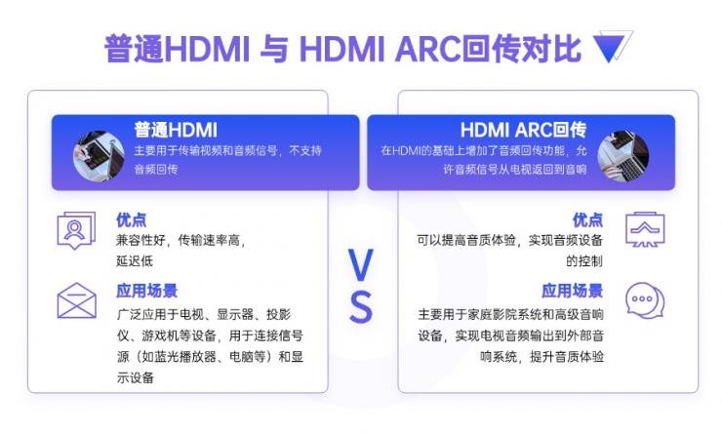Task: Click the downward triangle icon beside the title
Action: click(613, 47)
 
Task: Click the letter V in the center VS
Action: click(361, 264)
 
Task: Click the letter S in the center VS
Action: click(361, 307)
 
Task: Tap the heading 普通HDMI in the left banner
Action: click(175, 130)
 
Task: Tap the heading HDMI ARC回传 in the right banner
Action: click(523, 130)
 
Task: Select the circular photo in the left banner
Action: click(99, 155)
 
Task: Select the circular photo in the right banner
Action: click(622, 156)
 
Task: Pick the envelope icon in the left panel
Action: click(76, 301)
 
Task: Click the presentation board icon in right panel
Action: click(645, 231)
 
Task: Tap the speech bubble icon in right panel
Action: click(645, 301)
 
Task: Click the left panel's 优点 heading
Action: click(132, 219)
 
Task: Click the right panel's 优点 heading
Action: click(587, 219)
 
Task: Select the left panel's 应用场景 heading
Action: click(146, 291)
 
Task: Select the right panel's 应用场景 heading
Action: click(572, 291)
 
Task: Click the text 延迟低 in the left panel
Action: click(135, 260)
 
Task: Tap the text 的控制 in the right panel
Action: click(584, 260)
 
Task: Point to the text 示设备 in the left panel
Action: click(135, 377)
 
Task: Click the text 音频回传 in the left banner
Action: click(155, 169)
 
